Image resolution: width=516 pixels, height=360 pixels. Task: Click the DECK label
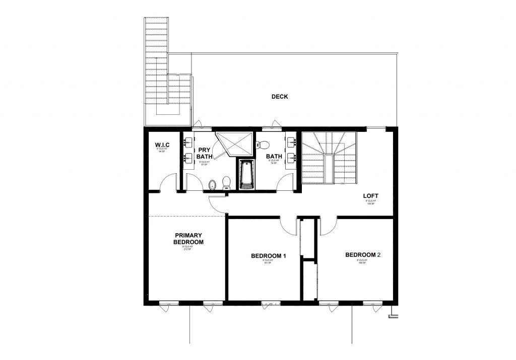tap(280, 97)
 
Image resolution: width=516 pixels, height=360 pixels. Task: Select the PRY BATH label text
tap(204, 153)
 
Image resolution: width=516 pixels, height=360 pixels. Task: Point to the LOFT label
tap(371, 196)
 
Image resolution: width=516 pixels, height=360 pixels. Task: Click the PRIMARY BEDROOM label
tap(188, 239)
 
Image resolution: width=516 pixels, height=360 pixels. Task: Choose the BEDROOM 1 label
tap(269, 256)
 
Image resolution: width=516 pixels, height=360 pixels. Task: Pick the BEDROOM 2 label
tap(362, 255)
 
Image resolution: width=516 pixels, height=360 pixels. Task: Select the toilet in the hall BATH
tap(261, 146)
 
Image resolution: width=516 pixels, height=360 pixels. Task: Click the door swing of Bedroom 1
tap(288, 226)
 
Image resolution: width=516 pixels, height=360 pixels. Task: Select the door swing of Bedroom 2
tap(327, 226)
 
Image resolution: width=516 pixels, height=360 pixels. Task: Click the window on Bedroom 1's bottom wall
tap(271, 304)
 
